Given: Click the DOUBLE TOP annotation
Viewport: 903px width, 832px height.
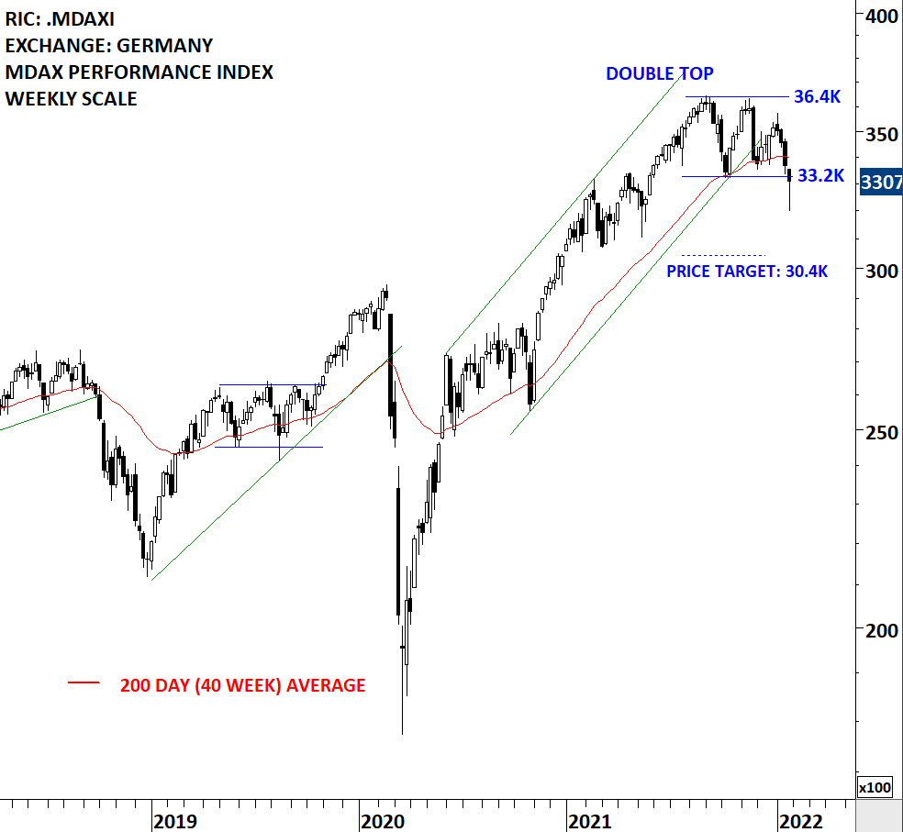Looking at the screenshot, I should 659,74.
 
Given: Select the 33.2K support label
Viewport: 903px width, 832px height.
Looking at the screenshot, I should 820,176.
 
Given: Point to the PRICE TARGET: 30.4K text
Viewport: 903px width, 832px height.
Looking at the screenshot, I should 747,272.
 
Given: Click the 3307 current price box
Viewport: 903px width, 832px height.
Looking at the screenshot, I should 880,183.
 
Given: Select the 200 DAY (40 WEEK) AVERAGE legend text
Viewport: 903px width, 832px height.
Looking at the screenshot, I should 242,685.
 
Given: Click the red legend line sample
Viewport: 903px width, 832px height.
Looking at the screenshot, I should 84,683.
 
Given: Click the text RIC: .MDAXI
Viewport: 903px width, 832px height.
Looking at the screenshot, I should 61,18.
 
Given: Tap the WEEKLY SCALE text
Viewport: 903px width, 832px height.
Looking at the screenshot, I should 72,99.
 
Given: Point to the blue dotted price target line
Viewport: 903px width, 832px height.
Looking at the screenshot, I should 723,255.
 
